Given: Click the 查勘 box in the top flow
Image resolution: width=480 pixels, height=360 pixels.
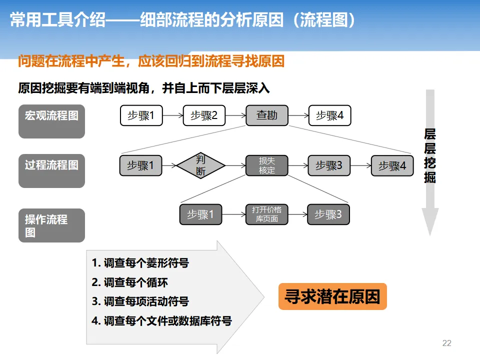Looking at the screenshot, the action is pyautogui.click(x=267, y=115).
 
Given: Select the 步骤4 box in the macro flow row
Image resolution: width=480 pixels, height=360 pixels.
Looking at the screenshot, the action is pyautogui.click(x=329, y=115).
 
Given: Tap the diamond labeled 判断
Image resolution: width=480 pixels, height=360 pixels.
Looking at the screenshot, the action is pyautogui.click(x=200, y=165).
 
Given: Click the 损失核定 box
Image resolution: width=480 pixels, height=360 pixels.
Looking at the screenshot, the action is pyautogui.click(x=267, y=165).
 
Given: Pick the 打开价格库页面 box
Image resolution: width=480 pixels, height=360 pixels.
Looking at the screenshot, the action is pyautogui.click(x=267, y=214).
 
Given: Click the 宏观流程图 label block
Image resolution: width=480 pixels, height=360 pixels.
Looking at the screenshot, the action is pyautogui.click(x=51, y=121).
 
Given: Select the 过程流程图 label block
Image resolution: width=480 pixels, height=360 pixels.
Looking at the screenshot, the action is pyautogui.click(x=51, y=170).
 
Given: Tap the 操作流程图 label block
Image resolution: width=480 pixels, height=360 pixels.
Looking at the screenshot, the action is pyautogui.click(x=51, y=225).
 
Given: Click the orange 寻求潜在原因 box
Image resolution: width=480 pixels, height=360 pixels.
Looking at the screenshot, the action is pyautogui.click(x=332, y=296).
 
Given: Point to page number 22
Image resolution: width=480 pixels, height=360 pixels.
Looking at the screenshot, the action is pyautogui.click(x=447, y=343).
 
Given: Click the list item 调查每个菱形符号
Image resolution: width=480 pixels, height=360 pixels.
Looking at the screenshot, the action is pyautogui.click(x=140, y=263).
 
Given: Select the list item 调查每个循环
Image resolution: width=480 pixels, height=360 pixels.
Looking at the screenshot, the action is pyautogui.click(x=129, y=282).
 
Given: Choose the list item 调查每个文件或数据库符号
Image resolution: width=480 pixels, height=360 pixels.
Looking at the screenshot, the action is pyautogui.click(x=161, y=321).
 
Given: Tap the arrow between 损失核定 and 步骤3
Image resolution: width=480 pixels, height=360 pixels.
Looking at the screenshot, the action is pyautogui.click(x=298, y=165).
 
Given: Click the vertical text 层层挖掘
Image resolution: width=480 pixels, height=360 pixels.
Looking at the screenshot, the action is pyautogui.click(x=430, y=155).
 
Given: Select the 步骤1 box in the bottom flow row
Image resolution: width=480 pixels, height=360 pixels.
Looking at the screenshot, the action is pyautogui.click(x=200, y=214).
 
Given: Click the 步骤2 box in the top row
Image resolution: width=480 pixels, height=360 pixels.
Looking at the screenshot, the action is pyautogui.click(x=204, y=115).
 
